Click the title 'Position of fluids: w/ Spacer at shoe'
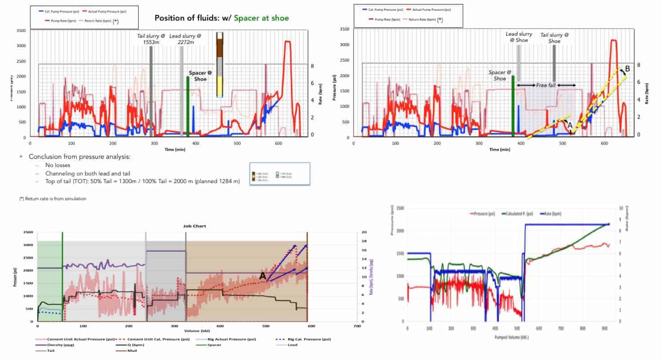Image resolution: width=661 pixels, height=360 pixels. (x=222, y=18)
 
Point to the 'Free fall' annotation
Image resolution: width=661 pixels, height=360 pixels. (x=546, y=85)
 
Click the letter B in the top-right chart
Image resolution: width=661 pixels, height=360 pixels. (x=627, y=68)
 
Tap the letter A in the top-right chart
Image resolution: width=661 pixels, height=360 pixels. (x=570, y=126)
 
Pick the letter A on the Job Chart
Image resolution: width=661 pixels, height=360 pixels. (x=263, y=276)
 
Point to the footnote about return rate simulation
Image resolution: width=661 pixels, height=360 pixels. (x=53, y=198)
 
